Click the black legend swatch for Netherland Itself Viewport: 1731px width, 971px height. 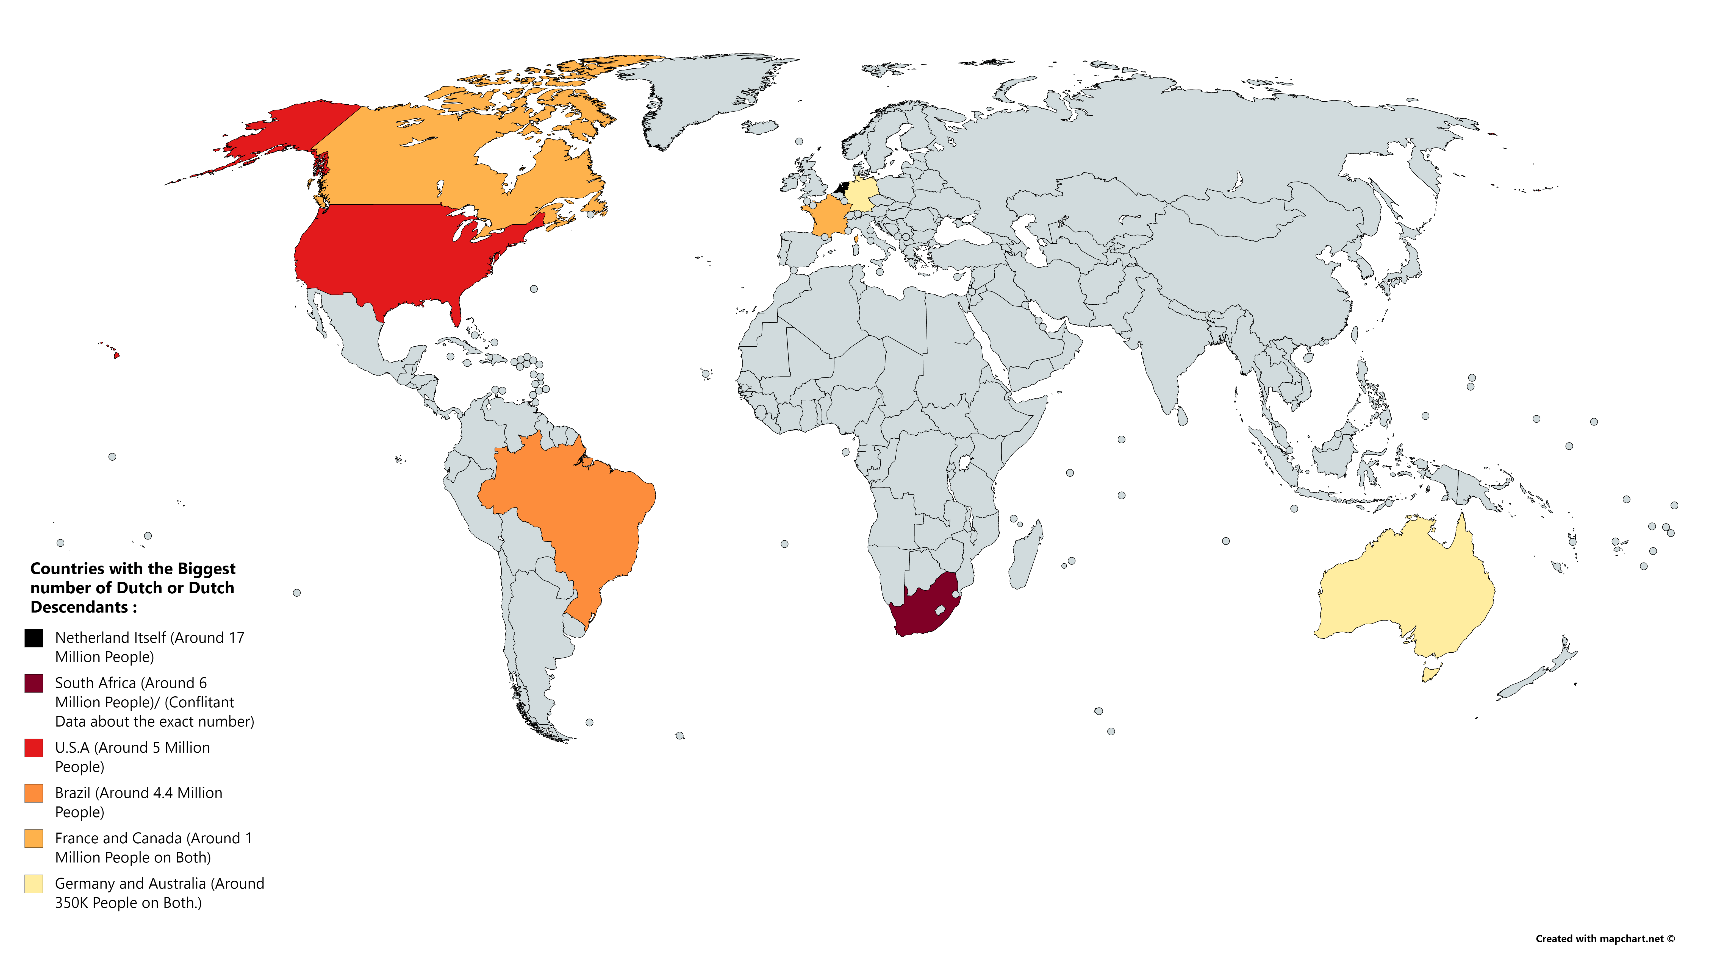[x=34, y=638]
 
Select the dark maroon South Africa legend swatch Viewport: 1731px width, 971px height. [x=34, y=683]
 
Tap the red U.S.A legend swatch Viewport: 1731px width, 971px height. [x=34, y=748]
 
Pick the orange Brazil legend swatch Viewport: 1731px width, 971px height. [x=34, y=793]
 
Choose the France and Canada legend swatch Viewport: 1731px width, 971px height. [x=34, y=839]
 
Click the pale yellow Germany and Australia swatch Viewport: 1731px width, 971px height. [x=34, y=884]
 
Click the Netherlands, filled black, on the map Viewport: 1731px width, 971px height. [x=841, y=188]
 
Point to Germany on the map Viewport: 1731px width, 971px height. [x=861, y=195]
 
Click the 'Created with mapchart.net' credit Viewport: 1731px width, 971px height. [x=1605, y=939]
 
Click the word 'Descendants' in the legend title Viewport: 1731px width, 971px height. [x=79, y=608]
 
